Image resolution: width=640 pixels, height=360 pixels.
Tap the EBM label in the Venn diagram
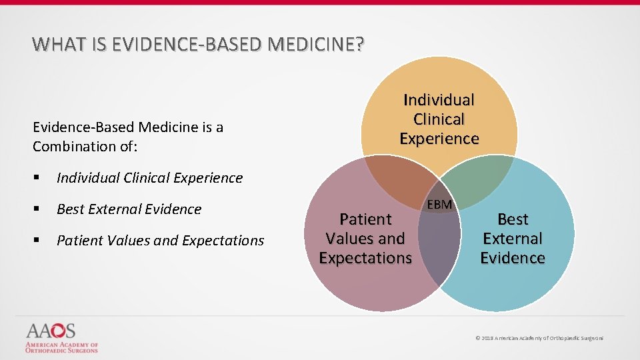pos(439,204)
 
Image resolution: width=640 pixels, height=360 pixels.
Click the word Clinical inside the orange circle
pos(439,119)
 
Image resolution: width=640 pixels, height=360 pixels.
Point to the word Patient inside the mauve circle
pos(365,219)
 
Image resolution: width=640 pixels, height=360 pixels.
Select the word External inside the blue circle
pos(513,238)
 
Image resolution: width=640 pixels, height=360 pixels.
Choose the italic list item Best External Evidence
pos(129,209)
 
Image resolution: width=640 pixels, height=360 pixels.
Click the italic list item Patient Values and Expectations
pos(160,241)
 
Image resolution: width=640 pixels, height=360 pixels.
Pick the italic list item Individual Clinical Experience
pos(149,178)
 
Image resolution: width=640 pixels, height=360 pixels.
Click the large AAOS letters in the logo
pos(51,331)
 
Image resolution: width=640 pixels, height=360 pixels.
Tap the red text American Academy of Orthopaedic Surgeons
pos(61,347)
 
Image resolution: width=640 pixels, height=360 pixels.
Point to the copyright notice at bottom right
pos(539,339)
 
